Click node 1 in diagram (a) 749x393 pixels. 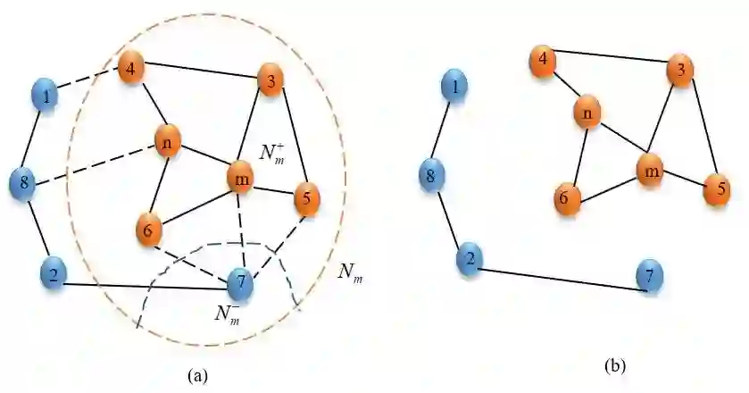coord(46,94)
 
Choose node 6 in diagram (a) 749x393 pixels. coord(149,230)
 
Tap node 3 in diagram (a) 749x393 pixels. coord(270,80)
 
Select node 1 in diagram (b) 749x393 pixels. coord(455,88)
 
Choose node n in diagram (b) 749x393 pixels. coord(587,113)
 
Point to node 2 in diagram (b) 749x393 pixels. coord(467,260)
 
